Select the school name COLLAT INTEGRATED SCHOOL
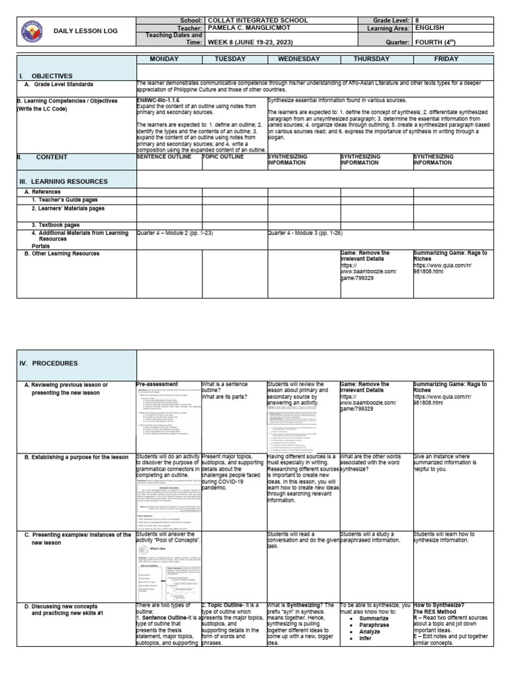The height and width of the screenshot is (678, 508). pyautogui.click(x=257, y=21)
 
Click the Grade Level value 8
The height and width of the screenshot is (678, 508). pyautogui.click(x=417, y=21)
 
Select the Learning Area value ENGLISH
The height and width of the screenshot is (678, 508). pyautogui.click(x=429, y=28)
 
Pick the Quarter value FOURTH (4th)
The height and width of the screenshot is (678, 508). pyautogui.click(x=435, y=41)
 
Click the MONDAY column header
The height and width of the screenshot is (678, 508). pyautogui.click(x=169, y=59)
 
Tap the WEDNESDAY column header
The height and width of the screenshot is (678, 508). pyautogui.click(x=304, y=59)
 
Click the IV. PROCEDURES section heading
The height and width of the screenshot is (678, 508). pyautogui.click(x=50, y=363)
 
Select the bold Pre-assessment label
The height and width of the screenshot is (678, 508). pyautogui.click(x=157, y=384)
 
